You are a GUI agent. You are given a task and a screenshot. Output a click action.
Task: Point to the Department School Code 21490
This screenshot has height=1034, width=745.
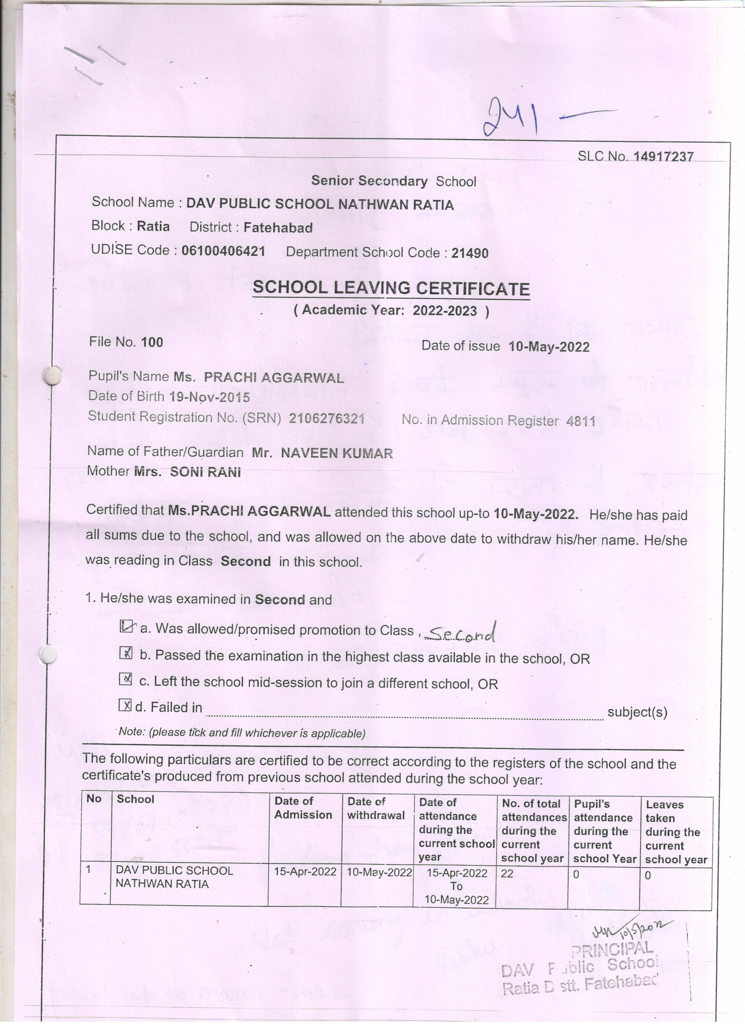click(x=469, y=253)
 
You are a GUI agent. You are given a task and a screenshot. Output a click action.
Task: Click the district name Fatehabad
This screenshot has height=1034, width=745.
click(x=278, y=228)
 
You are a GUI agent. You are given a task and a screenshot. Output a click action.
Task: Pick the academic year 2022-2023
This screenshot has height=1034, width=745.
click(x=444, y=311)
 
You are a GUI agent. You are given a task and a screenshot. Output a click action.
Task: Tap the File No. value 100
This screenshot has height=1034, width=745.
click(x=152, y=342)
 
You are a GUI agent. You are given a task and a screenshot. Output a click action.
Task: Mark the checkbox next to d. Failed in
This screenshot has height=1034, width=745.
click(x=125, y=705)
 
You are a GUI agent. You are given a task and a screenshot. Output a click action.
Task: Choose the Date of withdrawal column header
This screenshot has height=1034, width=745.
click(x=376, y=808)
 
